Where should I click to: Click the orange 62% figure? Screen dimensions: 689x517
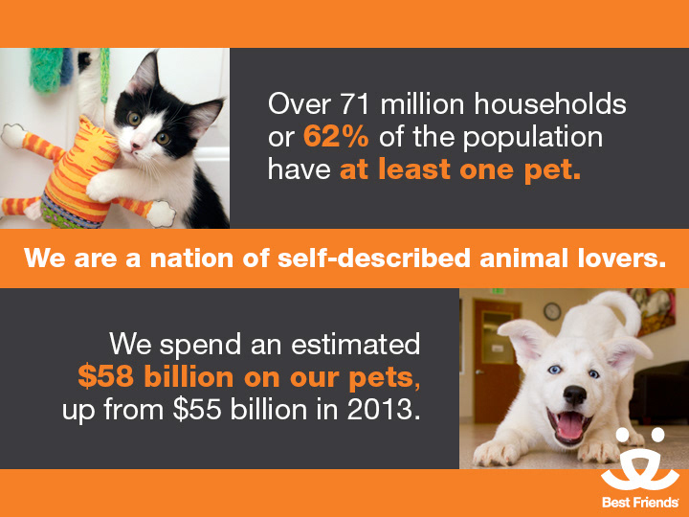click(336, 136)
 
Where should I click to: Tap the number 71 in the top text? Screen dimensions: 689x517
click(355, 104)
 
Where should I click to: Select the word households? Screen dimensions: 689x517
click(550, 104)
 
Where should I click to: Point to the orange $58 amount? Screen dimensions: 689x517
click(106, 377)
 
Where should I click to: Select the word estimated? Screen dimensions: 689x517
click(355, 344)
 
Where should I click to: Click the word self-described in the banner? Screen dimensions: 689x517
click(374, 258)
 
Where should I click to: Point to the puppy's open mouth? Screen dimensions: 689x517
click(569, 425)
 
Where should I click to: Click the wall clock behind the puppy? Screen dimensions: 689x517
click(552, 311)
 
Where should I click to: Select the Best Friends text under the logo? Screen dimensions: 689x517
click(640, 502)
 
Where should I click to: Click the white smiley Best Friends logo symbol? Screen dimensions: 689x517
click(640, 459)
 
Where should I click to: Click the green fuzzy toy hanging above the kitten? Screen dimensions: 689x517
click(46, 70)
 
